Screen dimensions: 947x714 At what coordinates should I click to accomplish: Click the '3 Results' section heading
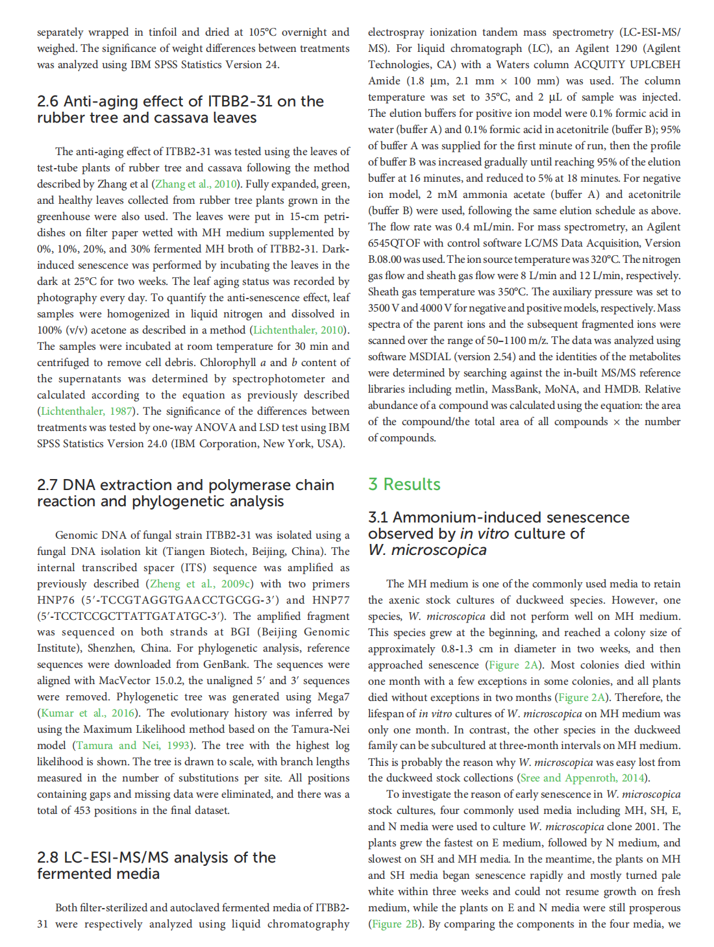404,484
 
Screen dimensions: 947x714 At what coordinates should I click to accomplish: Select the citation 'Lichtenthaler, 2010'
298,330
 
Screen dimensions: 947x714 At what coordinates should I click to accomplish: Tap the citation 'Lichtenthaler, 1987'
87,411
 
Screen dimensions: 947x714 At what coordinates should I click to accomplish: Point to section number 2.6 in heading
47,101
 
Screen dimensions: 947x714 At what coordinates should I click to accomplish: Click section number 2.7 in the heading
47,485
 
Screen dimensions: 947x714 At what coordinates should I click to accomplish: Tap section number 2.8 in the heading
47,857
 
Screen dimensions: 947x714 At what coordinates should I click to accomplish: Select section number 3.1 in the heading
378,517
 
